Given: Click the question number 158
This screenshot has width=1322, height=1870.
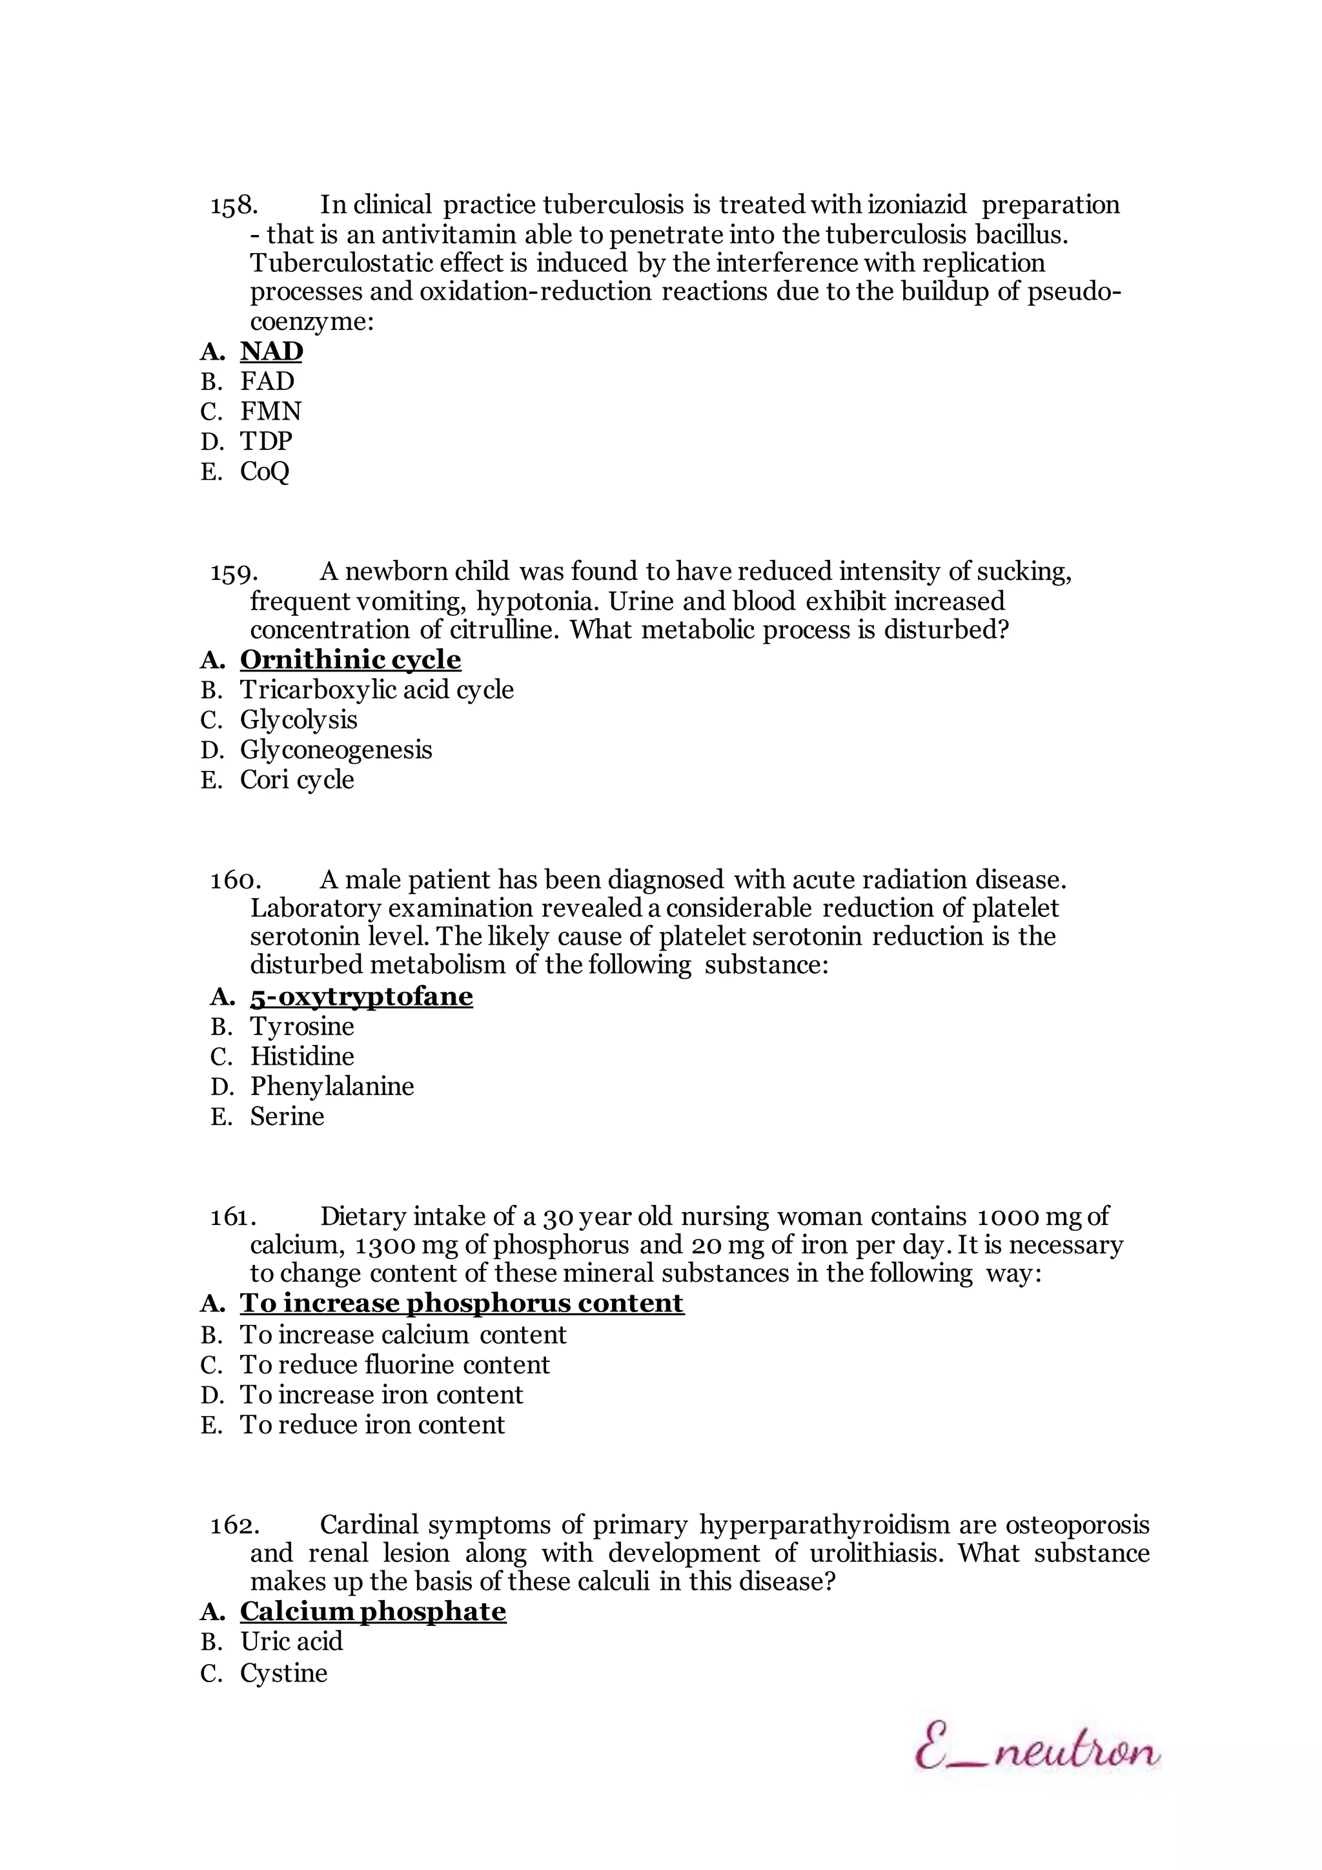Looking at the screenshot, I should (x=234, y=205).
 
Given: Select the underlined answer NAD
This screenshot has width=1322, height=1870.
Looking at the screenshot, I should (x=271, y=351).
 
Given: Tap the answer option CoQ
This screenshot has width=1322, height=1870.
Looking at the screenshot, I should (x=265, y=471).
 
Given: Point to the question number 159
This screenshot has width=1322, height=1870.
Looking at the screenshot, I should (x=234, y=573).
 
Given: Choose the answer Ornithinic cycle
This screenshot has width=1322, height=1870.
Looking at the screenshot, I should (x=350, y=660).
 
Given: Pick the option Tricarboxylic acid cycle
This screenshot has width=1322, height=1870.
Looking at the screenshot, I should (x=376, y=690).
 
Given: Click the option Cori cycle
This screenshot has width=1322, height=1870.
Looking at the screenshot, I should (x=297, y=780).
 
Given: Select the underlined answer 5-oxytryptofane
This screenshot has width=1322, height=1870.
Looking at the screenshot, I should (x=361, y=997).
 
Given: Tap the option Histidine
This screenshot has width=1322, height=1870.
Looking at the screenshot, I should (x=302, y=1056).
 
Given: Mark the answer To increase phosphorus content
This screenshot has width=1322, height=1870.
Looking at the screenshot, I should (x=462, y=1303).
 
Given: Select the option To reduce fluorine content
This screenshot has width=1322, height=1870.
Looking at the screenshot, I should (x=395, y=1364).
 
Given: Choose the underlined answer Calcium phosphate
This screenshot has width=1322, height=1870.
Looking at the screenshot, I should (x=373, y=1612).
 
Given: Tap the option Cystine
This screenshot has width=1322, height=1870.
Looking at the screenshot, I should (x=283, y=1673).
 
